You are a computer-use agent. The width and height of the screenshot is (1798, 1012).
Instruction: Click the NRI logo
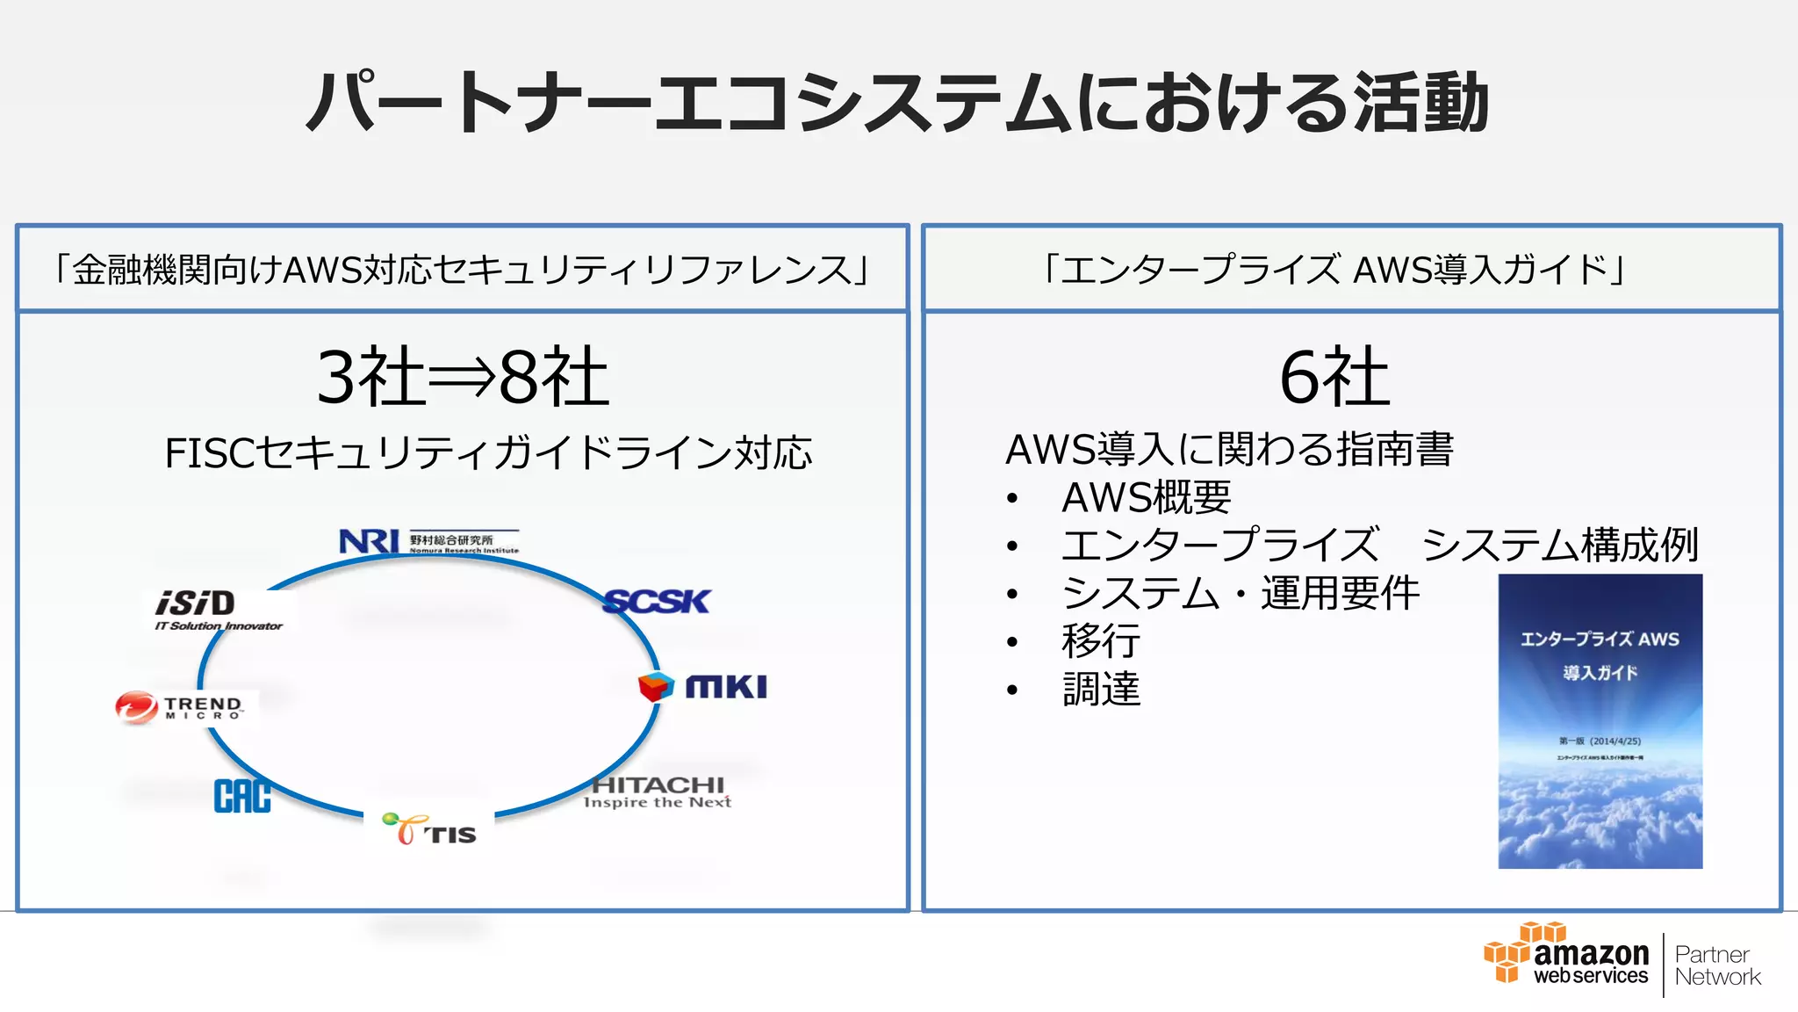click(428, 541)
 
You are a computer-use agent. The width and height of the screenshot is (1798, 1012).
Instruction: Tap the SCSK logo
click(657, 602)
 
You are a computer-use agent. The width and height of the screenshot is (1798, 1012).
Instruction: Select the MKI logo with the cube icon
click(703, 686)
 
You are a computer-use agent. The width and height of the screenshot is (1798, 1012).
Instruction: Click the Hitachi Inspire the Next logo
click(658, 792)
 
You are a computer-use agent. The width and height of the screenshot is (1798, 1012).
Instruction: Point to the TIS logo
click(430, 829)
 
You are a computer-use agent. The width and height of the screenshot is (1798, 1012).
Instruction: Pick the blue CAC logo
click(242, 796)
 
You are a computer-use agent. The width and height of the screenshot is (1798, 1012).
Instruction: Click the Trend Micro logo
click(179, 707)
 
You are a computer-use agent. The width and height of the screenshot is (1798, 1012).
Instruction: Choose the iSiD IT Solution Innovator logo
click(218, 609)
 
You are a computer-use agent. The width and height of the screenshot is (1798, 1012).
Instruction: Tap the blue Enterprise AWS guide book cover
click(1600, 721)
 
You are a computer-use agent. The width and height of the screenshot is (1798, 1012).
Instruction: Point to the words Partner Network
click(1716, 965)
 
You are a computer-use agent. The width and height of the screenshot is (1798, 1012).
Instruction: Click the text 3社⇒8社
click(463, 377)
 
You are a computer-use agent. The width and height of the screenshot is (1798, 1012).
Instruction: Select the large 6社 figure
click(1334, 377)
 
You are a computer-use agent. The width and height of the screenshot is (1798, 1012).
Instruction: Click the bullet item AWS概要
click(1146, 497)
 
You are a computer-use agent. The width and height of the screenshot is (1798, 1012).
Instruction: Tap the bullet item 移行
click(1101, 640)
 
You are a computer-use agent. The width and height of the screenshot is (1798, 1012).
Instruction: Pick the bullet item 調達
click(1101, 689)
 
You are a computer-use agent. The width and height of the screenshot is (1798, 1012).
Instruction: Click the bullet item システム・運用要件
click(1240, 593)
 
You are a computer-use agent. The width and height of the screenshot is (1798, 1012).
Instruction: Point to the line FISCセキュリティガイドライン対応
click(488, 453)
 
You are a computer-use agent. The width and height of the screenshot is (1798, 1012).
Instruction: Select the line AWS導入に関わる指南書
click(1229, 449)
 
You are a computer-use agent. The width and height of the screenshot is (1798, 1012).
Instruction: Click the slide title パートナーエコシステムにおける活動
click(897, 103)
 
